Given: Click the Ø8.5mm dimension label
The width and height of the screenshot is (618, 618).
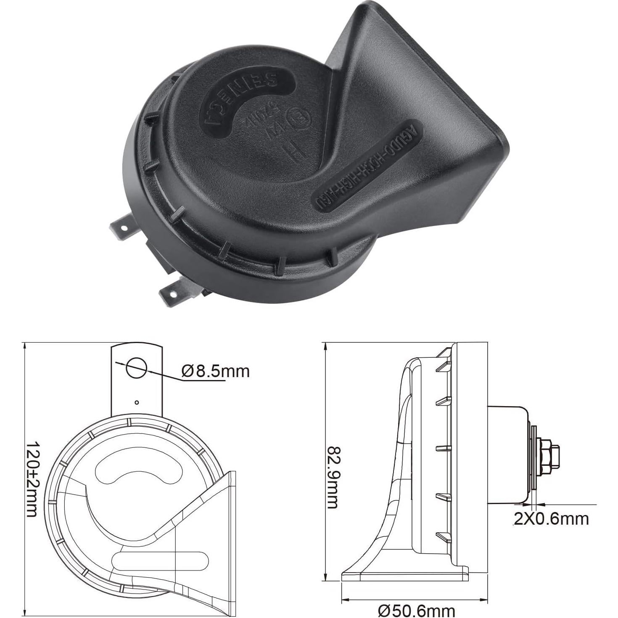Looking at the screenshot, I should pyautogui.click(x=216, y=371).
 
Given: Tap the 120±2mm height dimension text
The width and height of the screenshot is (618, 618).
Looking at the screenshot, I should pyautogui.click(x=32, y=479).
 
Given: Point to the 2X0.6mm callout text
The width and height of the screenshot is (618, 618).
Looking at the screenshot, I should pyautogui.click(x=551, y=519).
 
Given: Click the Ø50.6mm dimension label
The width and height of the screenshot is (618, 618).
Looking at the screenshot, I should pyautogui.click(x=417, y=610).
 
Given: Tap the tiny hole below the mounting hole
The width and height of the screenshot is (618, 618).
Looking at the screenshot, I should pyautogui.click(x=137, y=402).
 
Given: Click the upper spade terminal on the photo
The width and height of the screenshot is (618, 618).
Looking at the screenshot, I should pyautogui.click(x=122, y=229).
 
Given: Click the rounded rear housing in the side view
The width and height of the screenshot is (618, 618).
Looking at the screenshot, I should pyautogui.click(x=507, y=454).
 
